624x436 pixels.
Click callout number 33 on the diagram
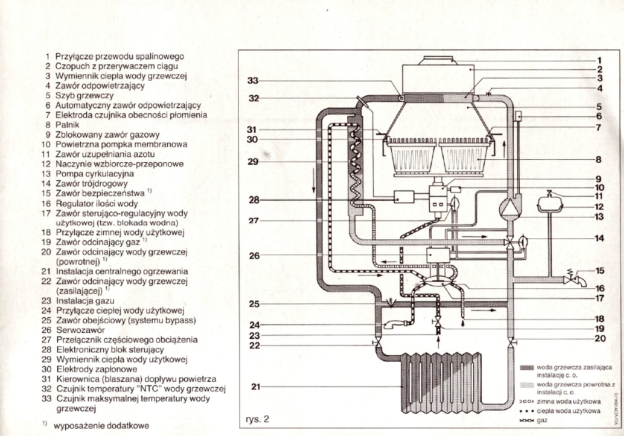point(253,80)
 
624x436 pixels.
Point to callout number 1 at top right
point(600,60)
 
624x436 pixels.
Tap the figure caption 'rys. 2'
point(258,419)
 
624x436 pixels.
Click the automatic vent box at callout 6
point(518,115)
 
